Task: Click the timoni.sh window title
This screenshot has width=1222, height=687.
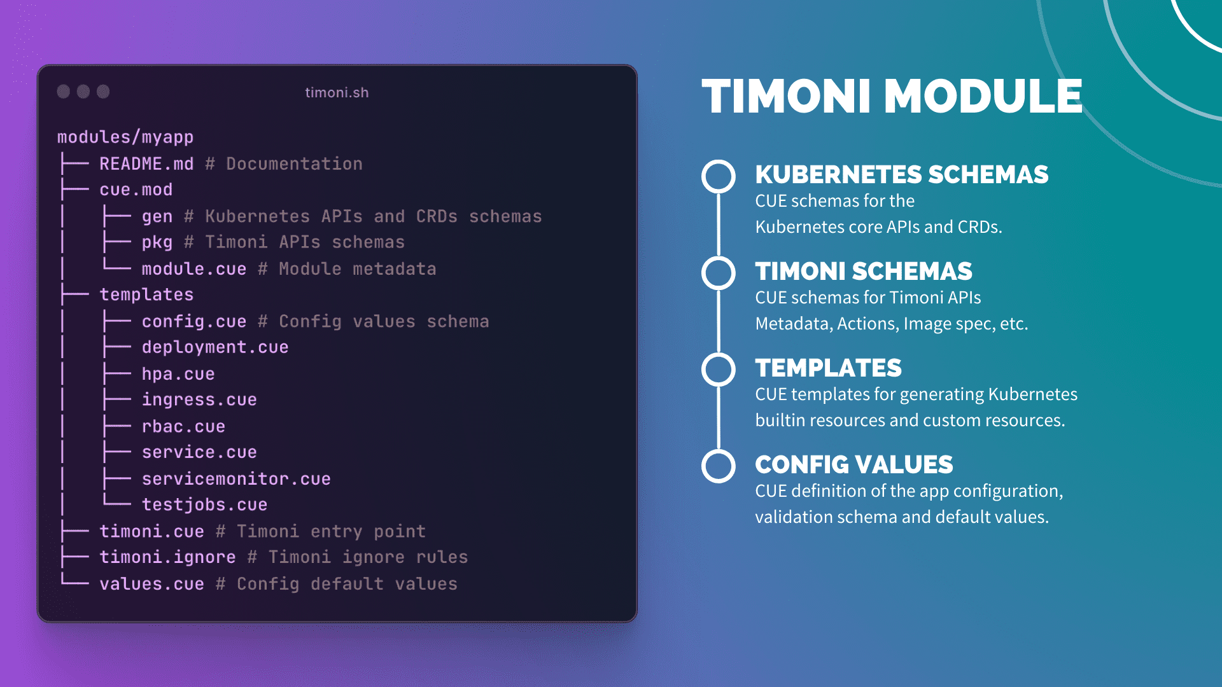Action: click(x=337, y=93)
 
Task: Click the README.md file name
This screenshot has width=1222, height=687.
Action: click(x=146, y=164)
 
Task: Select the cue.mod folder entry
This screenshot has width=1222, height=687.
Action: click(x=136, y=190)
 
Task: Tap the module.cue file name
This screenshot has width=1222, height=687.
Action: click(x=193, y=269)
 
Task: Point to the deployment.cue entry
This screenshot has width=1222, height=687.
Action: click(x=214, y=347)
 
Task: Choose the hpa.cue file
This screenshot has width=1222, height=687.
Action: click(x=178, y=374)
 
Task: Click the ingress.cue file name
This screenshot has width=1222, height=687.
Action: click(x=199, y=400)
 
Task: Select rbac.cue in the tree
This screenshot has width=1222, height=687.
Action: click(x=183, y=427)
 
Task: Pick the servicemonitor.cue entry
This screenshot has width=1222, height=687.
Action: click(x=235, y=479)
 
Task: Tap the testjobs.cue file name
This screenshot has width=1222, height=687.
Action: click(x=204, y=505)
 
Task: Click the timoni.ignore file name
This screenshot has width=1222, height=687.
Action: click(x=167, y=557)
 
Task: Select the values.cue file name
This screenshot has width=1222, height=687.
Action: click(x=151, y=584)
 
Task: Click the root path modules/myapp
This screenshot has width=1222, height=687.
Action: click(x=125, y=137)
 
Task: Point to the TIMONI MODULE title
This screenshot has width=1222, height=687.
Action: click(x=892, y=97)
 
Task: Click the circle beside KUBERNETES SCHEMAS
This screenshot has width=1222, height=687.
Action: click(x=719, y=176)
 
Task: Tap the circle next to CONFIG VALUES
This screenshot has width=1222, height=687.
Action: click(x=719, y=466)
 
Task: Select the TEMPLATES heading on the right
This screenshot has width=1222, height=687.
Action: click(x=828, y=368)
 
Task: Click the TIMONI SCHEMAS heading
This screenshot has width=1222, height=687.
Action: click(x=864, y=272)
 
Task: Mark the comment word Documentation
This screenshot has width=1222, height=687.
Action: click(x=294, y=164)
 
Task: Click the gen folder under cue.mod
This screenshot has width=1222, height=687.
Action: click(x=157, y=217)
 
